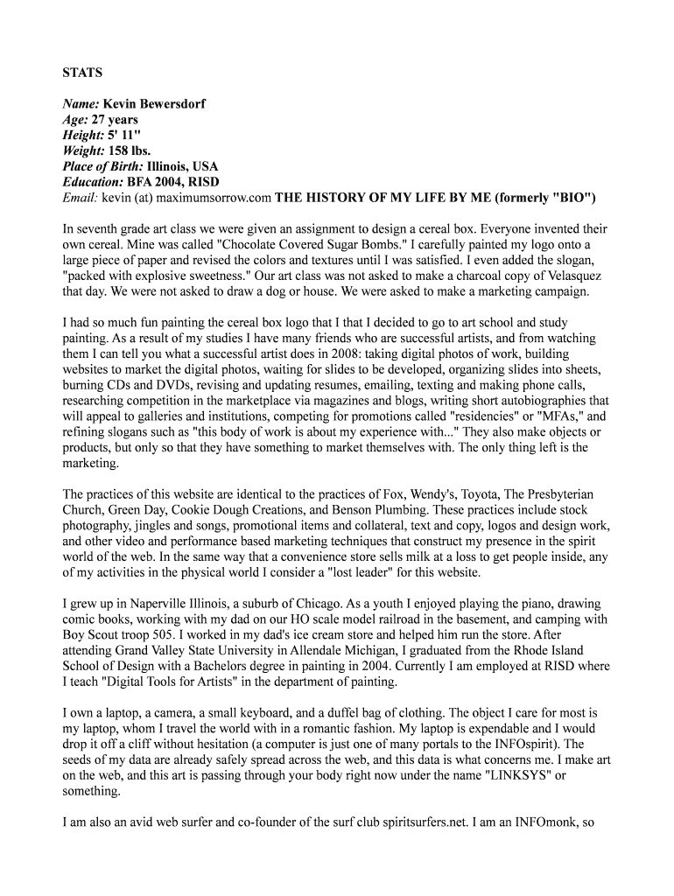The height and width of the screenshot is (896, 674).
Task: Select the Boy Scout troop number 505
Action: [x=174, y=635]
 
